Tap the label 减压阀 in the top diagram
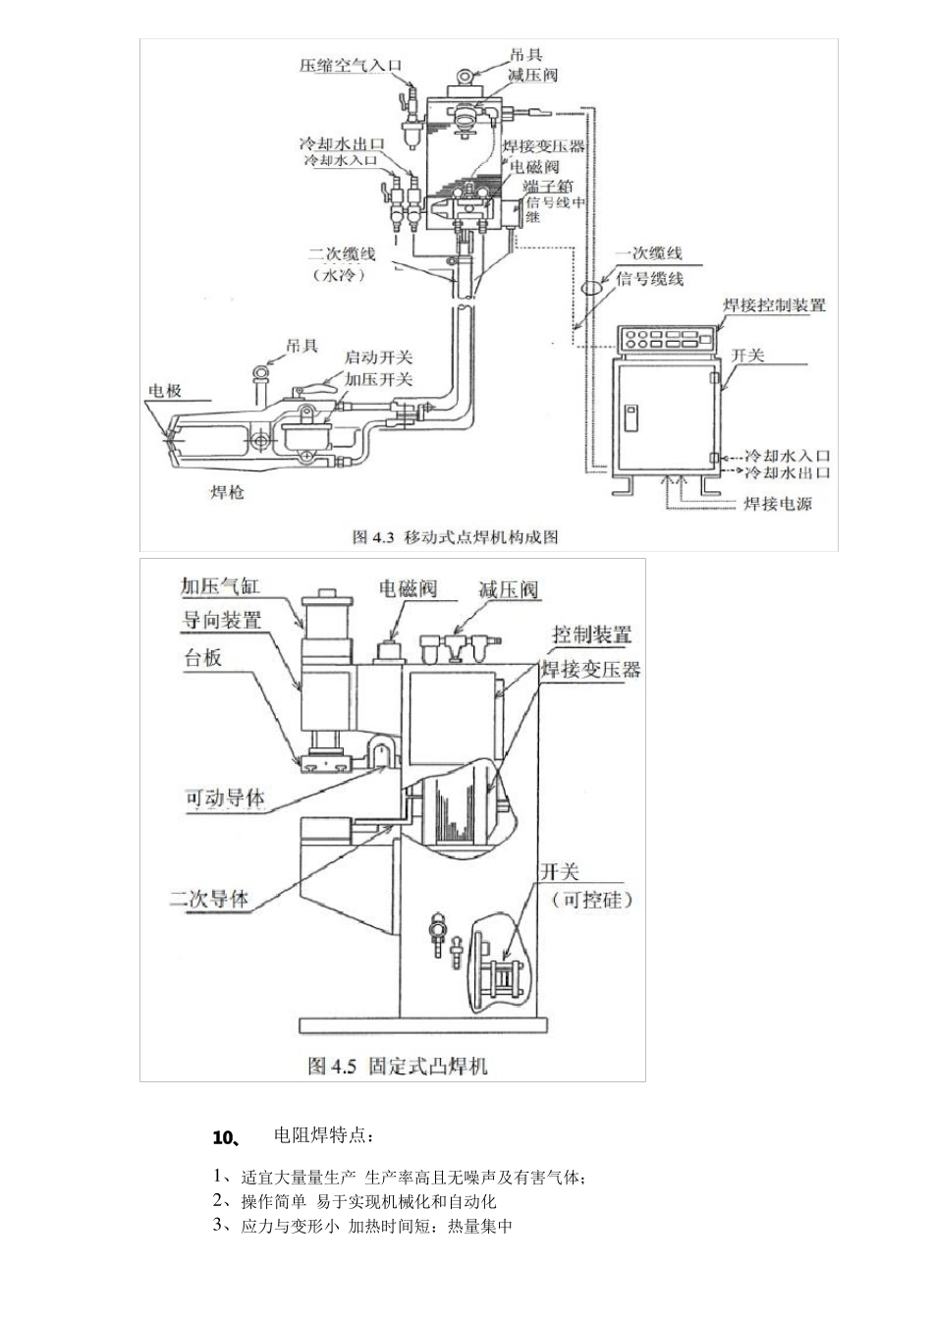533,76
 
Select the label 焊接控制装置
774,304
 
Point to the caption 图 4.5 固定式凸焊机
397,1065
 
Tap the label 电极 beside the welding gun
164,390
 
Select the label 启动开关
378,357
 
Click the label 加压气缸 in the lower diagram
221,586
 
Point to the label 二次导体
209,898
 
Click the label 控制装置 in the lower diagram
591,634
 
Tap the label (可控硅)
592,900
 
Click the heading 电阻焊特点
323,1136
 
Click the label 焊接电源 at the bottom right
777,504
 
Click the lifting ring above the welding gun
262,374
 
